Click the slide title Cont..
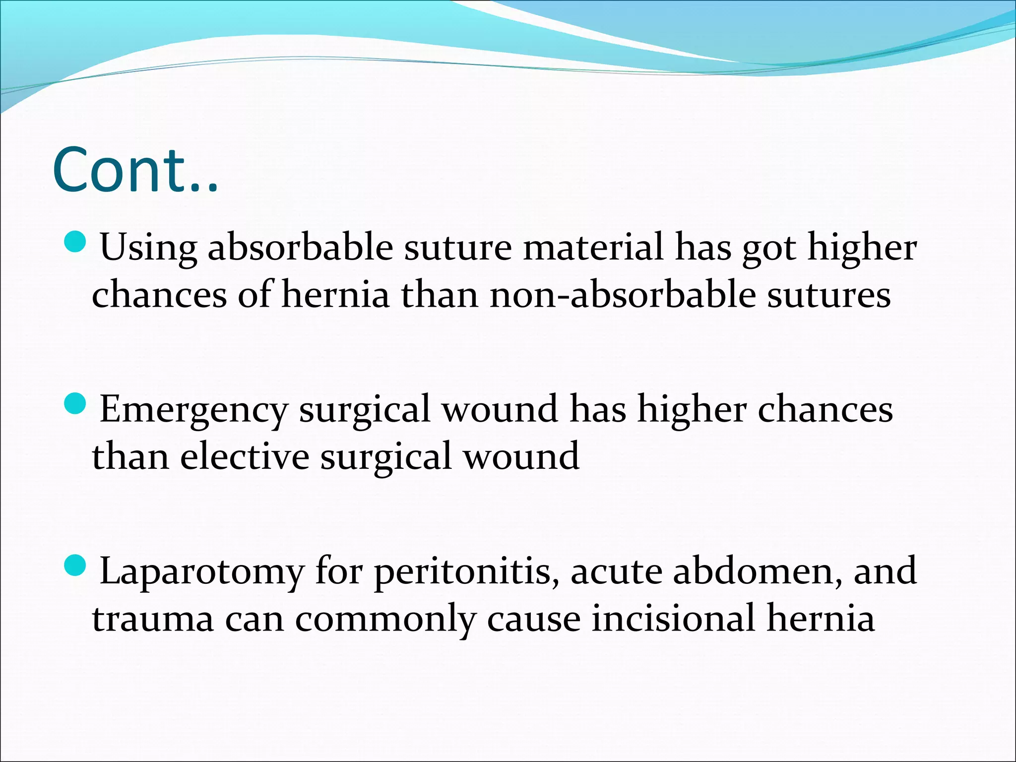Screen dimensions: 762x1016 (x=135, y=170)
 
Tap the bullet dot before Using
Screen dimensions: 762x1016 (x=76, y=242)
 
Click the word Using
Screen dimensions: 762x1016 (x=148, y=247)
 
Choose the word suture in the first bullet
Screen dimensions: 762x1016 (x=457, y=247)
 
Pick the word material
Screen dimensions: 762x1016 (x=593, y=247)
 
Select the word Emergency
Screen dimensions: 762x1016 (x=193, y=410)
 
